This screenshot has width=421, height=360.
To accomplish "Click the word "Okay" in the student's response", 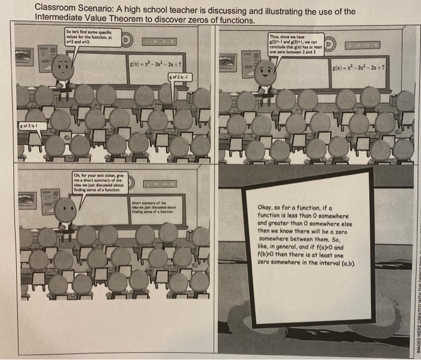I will [267, 206].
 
